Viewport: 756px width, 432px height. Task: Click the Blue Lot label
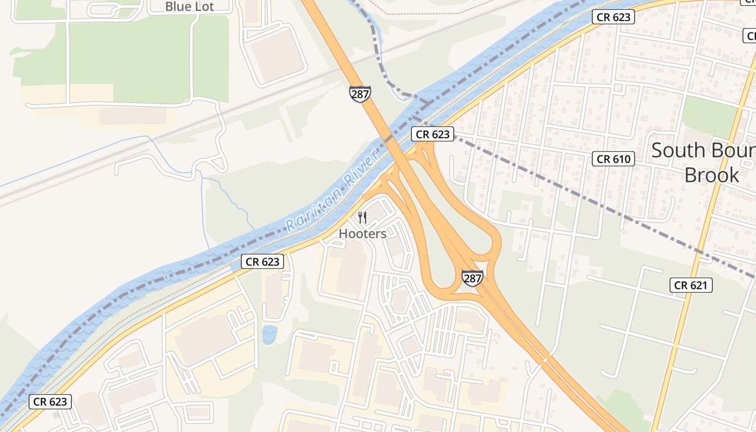pyautogui.click(x=190, y=6)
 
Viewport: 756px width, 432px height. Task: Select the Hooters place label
pyautogui.click(x=362, y=233)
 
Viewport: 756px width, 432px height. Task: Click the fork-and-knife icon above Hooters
pyautogui.click(x=362, y=218)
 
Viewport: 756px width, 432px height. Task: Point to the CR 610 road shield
pyautogui.click(x=613, y=159)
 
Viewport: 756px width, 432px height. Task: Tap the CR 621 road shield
pyautogui.click(x=691, y=285)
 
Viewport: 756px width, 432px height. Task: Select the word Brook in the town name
pyautogui.click(x=712, y=175)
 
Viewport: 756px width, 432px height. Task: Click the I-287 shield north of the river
pyautogui.click(x=360, y=94)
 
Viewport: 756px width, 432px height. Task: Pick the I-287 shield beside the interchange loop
pyautogui.click(x=472, y=278)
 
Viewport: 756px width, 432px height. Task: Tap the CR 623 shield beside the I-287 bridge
pyautogui.click(x=433, y=134)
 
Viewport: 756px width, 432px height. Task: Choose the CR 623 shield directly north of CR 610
pyautogui.click(x=613, y=17)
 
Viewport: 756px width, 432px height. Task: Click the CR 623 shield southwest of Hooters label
pyautogui.click(x=262, y=262)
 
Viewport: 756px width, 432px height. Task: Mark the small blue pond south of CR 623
pyautogui.click(x=269, y=334)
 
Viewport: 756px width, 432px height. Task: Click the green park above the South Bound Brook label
pyautogui.click(x=708, y=116)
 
